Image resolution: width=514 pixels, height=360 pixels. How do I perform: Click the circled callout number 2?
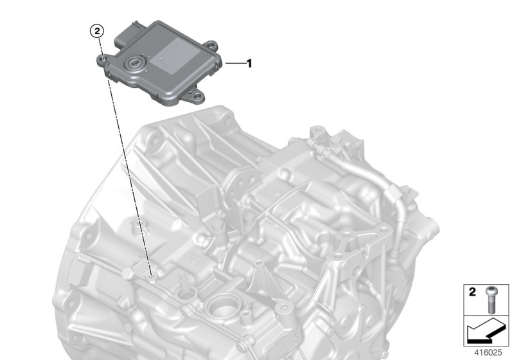point(96,30)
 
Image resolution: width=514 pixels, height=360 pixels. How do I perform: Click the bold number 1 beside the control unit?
point(249,64)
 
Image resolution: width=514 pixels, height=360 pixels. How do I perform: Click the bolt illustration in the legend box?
point(490,296)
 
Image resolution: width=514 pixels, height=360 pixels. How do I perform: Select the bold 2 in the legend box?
point(472,292)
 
